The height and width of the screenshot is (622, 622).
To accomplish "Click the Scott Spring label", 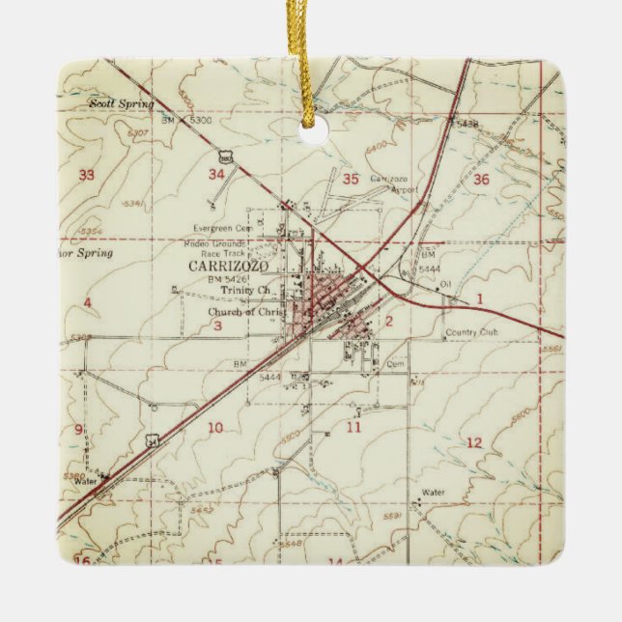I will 120,101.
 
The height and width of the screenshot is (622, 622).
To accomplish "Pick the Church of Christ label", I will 242,312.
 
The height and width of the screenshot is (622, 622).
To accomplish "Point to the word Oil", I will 445,283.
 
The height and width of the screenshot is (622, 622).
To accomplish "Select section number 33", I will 87,175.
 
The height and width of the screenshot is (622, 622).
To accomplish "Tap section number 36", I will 481,180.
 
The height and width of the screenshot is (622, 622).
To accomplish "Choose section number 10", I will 214,428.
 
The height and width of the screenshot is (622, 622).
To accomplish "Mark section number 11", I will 354,426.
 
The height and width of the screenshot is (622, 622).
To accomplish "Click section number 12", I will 473,442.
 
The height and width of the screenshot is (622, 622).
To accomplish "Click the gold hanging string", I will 312,58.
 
